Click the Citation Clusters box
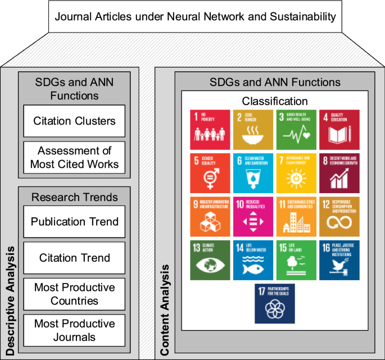tap(74, 120)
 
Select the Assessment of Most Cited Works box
tap(74, 157)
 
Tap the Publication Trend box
tap(74, 221)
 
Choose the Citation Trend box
tap(74, 258)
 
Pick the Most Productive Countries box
tap(74, 294)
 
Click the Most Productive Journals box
tap(74, 331)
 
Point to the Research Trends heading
tap(74, 197)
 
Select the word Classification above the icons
tap(275, 102)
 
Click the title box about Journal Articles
tap(195, 16)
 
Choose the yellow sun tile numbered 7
tap(296, 171)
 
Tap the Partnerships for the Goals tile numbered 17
tap(275, 303)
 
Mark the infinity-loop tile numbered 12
tap(339, 216)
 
